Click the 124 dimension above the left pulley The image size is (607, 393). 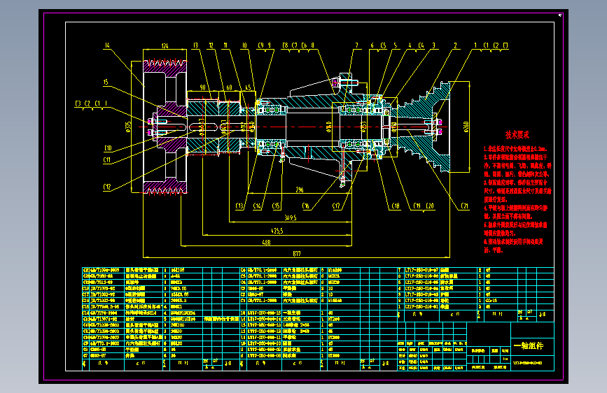click(165, 46)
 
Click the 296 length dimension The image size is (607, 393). click(300, 190)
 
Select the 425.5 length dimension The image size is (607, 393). click(277, 230)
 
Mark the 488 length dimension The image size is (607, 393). click(267, 242)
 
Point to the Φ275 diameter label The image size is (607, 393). click(129, 126)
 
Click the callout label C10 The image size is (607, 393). click(108, 148)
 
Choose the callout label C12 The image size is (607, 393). click(107, 187)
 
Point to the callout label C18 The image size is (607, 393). click(396, 206)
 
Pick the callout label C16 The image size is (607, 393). click(306, 206)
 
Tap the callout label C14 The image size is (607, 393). click(258, 206)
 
